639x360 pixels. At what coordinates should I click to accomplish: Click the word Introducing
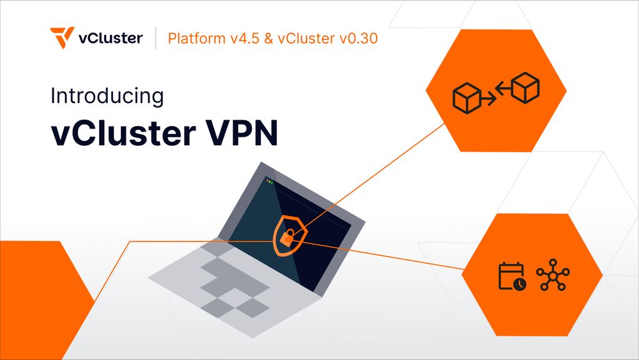(x=107, y=97)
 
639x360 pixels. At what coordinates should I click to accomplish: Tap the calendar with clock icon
(x=512, y=276)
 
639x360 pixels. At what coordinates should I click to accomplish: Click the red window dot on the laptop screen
(x=266, y=182)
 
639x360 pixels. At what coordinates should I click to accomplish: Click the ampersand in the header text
(x=268, y=38)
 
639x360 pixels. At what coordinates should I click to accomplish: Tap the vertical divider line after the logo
(x=157, y=38)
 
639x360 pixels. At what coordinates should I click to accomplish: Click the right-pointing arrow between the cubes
(x=488, y=100)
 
